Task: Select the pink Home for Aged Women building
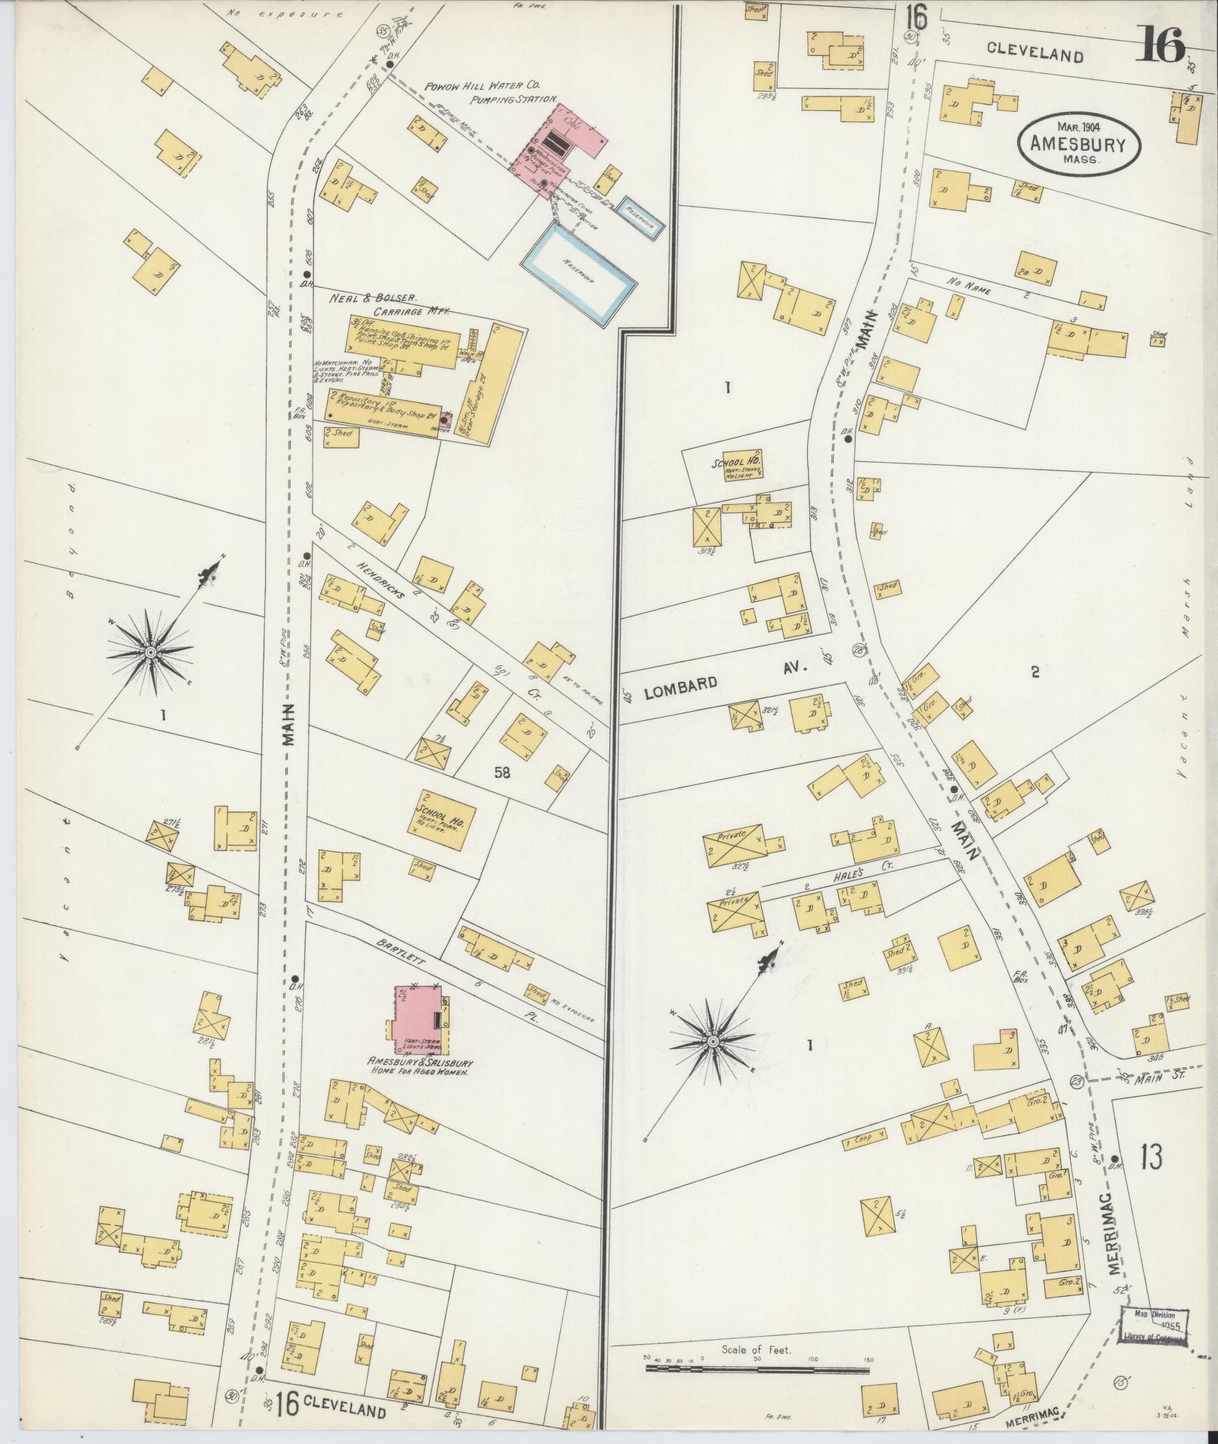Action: tap(418, 1020)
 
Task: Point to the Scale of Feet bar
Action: tap(755, 1366)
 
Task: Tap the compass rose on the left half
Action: tap(151, 651)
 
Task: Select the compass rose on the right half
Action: tap(712, 1041)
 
